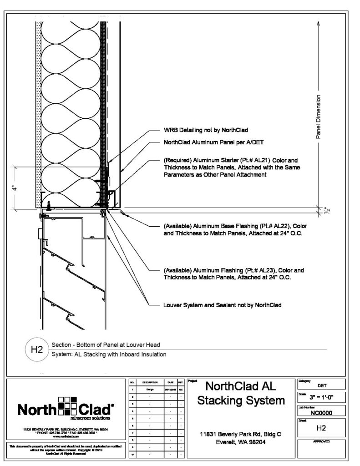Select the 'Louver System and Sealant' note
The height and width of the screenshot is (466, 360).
click(223, 304)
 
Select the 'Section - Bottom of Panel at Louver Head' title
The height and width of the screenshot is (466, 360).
click(105, 344)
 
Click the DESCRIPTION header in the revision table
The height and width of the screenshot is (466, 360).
click(149, 383)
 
